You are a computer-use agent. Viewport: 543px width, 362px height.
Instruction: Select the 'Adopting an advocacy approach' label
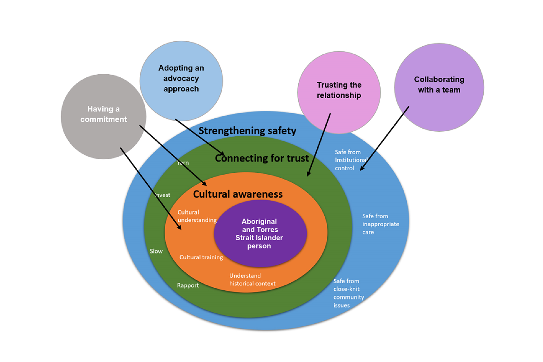(x=181, y=78)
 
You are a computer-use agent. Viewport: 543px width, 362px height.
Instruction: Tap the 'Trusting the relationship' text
(x=339, y=90)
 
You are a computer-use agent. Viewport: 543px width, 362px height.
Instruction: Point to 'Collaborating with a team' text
(x=439, y=85)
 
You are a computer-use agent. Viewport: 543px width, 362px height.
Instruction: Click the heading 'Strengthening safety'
(x=248, y=131)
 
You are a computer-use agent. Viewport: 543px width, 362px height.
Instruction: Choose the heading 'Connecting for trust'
(x=262, y=158)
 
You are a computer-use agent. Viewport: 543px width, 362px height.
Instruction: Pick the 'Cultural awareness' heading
(x=238, y=194)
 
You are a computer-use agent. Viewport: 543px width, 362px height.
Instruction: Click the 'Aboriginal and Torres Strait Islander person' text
(x=259, y=234)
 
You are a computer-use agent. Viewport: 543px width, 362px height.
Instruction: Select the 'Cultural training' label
(x=201, y=257)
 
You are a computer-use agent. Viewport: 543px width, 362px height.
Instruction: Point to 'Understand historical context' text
(x=252, y=280)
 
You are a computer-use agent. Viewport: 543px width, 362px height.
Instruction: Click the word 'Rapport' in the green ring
(x=188, y=286)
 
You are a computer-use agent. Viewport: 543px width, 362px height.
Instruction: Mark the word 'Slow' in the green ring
(x=156, y=251)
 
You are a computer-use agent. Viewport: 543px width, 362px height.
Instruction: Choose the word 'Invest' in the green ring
(x=162, y=195)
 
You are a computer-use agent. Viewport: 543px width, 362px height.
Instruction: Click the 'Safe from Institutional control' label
(x=351, y=160)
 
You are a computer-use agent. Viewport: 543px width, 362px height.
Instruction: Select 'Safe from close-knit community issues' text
(x=348, y=293)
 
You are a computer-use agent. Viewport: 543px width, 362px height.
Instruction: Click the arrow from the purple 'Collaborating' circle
(x=385, y=138)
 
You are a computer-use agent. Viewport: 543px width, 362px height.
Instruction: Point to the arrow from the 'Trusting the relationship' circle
(x=319, y=144)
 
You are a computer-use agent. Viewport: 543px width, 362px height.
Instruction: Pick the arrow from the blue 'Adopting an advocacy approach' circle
(x=199, y=137)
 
